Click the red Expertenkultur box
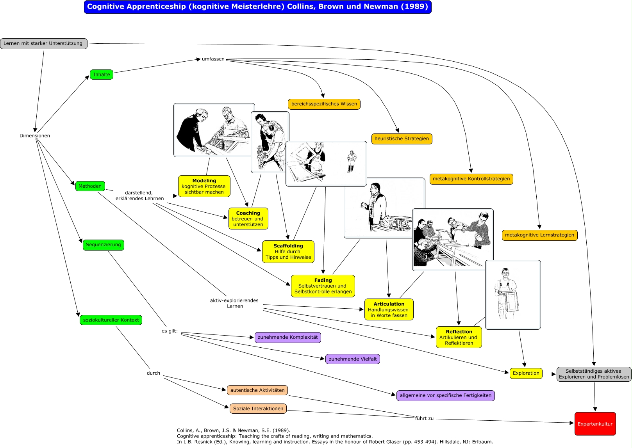click(595, 424)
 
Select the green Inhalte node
click(102, 75)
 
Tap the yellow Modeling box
click(204, 186)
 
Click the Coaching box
click(248, 219)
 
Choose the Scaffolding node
click(288, 252)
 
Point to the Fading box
click(323, 286)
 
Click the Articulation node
click(389, 309)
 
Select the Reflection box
click(459, 337)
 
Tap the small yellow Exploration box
click(526, 373)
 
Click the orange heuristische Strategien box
click(402, 139)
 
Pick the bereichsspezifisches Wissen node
click(324, 104)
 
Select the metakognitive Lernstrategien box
click(539, 235)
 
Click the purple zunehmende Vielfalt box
click(352, 359)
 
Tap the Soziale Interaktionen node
click(258, 409)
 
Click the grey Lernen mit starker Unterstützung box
click(43, 43)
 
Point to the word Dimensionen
click(35, 136)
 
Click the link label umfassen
click(213, 59)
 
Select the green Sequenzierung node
click(103, 245)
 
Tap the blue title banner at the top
click(257, 7)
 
